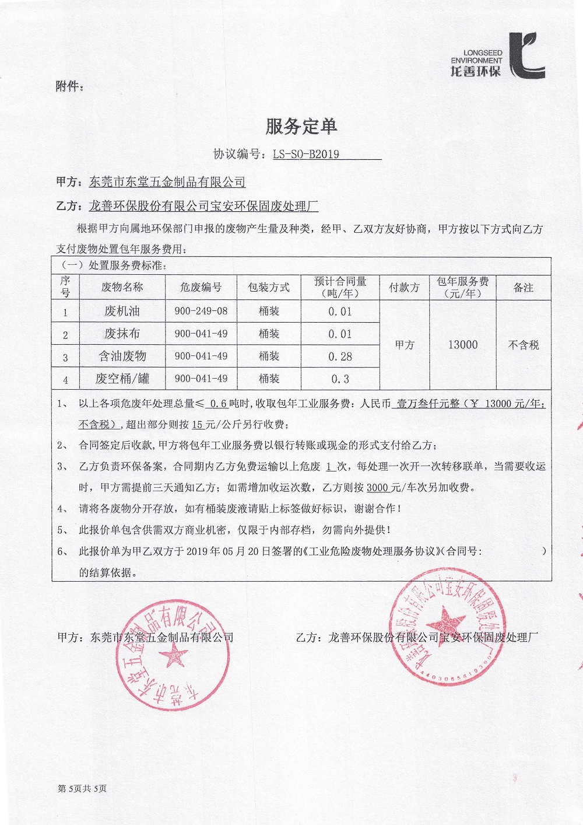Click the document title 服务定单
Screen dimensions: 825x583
click(x=301, y=126)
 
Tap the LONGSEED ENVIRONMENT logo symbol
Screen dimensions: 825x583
click(x=527, y=55)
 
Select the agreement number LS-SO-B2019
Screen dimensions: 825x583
click(x=306, y=155)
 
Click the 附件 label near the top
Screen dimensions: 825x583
click(x=69, y=86)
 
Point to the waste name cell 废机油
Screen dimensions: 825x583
click(x=122, y=311)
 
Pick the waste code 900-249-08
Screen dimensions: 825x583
click(x=201, y=311)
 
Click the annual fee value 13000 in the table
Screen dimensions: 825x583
click(x=463, y=345)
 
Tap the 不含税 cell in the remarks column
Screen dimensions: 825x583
click(x=524, y=345)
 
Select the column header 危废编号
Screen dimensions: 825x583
click(x=201, y=287)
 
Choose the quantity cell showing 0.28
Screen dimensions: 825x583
click(x=340, y=356)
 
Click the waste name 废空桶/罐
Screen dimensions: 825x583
click(x=122, y=379)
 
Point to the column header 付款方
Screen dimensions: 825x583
click(x=404, y=287)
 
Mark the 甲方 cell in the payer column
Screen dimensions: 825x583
click(x=404, y=345)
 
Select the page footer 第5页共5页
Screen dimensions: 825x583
click(x=82, y=788)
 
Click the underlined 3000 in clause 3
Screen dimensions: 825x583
click(x=378, y=487)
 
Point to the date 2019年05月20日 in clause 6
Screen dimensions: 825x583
click(x=229, y=551)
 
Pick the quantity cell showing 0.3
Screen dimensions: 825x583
click(x=340, y=379)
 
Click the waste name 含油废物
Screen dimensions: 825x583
click(x=122, y=356)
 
